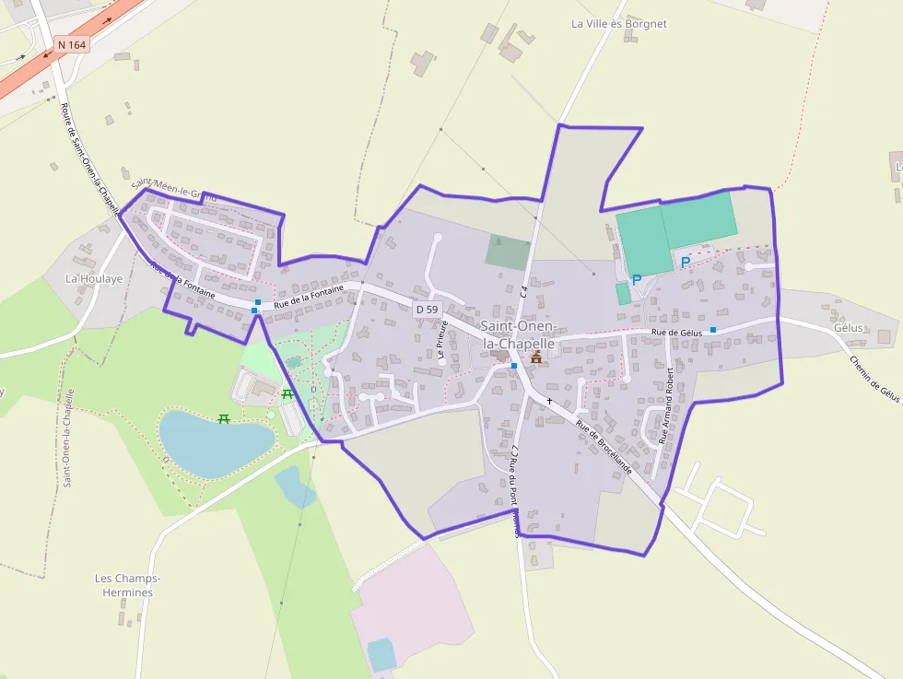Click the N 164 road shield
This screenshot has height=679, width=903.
tap(71, 44)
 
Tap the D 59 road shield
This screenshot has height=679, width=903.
tap(426, 310)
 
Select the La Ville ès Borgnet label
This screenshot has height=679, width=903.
tap(618, 24)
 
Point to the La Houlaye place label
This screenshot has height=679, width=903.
tap(94, 278)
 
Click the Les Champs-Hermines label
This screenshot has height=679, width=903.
tap(128, 585)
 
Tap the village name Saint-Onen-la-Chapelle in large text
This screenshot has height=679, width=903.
tap(519, 334)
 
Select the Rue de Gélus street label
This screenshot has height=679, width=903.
tap(676, 333)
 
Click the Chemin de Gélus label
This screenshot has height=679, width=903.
tap(874, 379)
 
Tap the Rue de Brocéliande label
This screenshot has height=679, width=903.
tap(604, 447)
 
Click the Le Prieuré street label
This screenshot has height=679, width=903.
tap(442, 338)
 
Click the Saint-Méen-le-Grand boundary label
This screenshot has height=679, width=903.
tap(171, 189)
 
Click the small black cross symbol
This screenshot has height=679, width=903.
tap(549, 402)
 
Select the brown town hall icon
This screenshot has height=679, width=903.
tap(536, 357)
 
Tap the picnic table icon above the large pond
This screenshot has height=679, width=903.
tap(224, 419)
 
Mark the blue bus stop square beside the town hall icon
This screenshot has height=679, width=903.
tap(514, 366)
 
